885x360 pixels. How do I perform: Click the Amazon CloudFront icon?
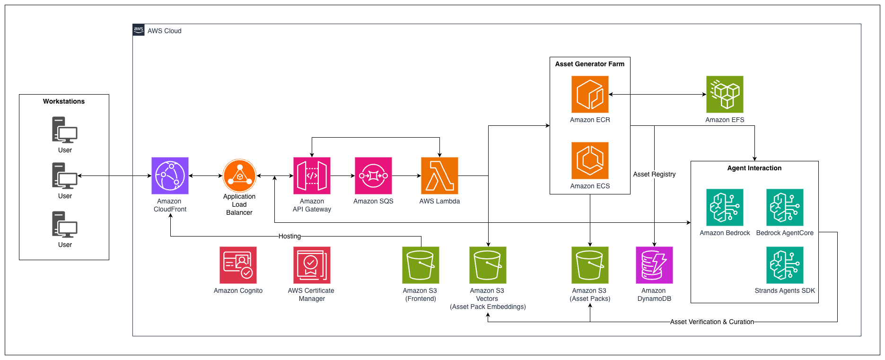point(170,176)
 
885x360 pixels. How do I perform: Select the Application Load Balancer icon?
point(239,176)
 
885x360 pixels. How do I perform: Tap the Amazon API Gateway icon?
point(312,176)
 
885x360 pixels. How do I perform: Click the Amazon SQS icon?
point(373,176)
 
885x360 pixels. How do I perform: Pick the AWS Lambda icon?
point(439,176)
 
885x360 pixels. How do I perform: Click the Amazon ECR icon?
point(590,94)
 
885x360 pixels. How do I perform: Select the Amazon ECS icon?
point(590,160)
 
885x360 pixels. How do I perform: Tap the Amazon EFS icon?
point(725,94)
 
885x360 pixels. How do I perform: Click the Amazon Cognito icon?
point(238,265)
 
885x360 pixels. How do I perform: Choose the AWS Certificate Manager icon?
point(312,265)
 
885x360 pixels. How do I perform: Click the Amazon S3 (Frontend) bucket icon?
point(421,265)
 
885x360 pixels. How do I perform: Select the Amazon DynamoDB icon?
point(654,265)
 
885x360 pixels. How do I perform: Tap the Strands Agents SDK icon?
point(785,265)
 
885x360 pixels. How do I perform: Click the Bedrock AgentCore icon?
point(785,207)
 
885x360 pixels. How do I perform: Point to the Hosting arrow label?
point(289,236)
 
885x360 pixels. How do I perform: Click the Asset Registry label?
point(654,174)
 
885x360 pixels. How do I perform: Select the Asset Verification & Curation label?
point(712,322)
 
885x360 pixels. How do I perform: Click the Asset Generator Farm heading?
point(590,64)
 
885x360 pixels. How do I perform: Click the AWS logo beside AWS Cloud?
point(139,30)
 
